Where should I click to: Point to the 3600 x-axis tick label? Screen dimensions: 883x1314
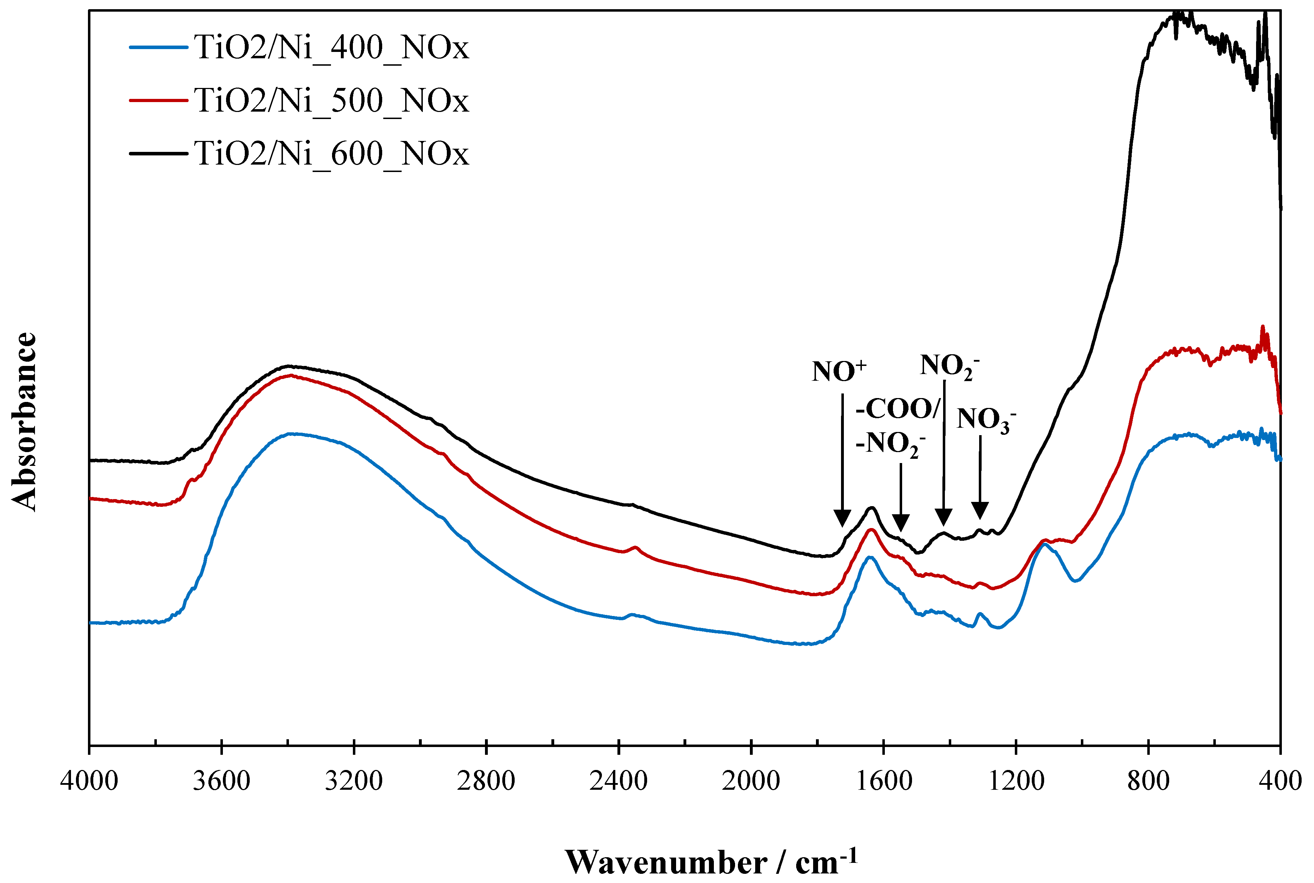221,781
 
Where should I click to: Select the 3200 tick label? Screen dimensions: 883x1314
354,781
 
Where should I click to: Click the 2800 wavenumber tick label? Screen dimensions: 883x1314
486,781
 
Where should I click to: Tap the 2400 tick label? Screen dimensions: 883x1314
618,781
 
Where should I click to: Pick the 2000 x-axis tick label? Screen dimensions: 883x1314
751,781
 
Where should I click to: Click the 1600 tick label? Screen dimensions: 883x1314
883,781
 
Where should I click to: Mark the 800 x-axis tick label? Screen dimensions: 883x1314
1148,781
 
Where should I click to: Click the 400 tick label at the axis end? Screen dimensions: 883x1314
1280,781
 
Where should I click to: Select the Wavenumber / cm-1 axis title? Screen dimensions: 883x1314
711,861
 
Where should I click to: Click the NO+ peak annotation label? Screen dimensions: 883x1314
839,372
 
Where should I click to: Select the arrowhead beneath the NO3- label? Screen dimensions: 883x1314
980,510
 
